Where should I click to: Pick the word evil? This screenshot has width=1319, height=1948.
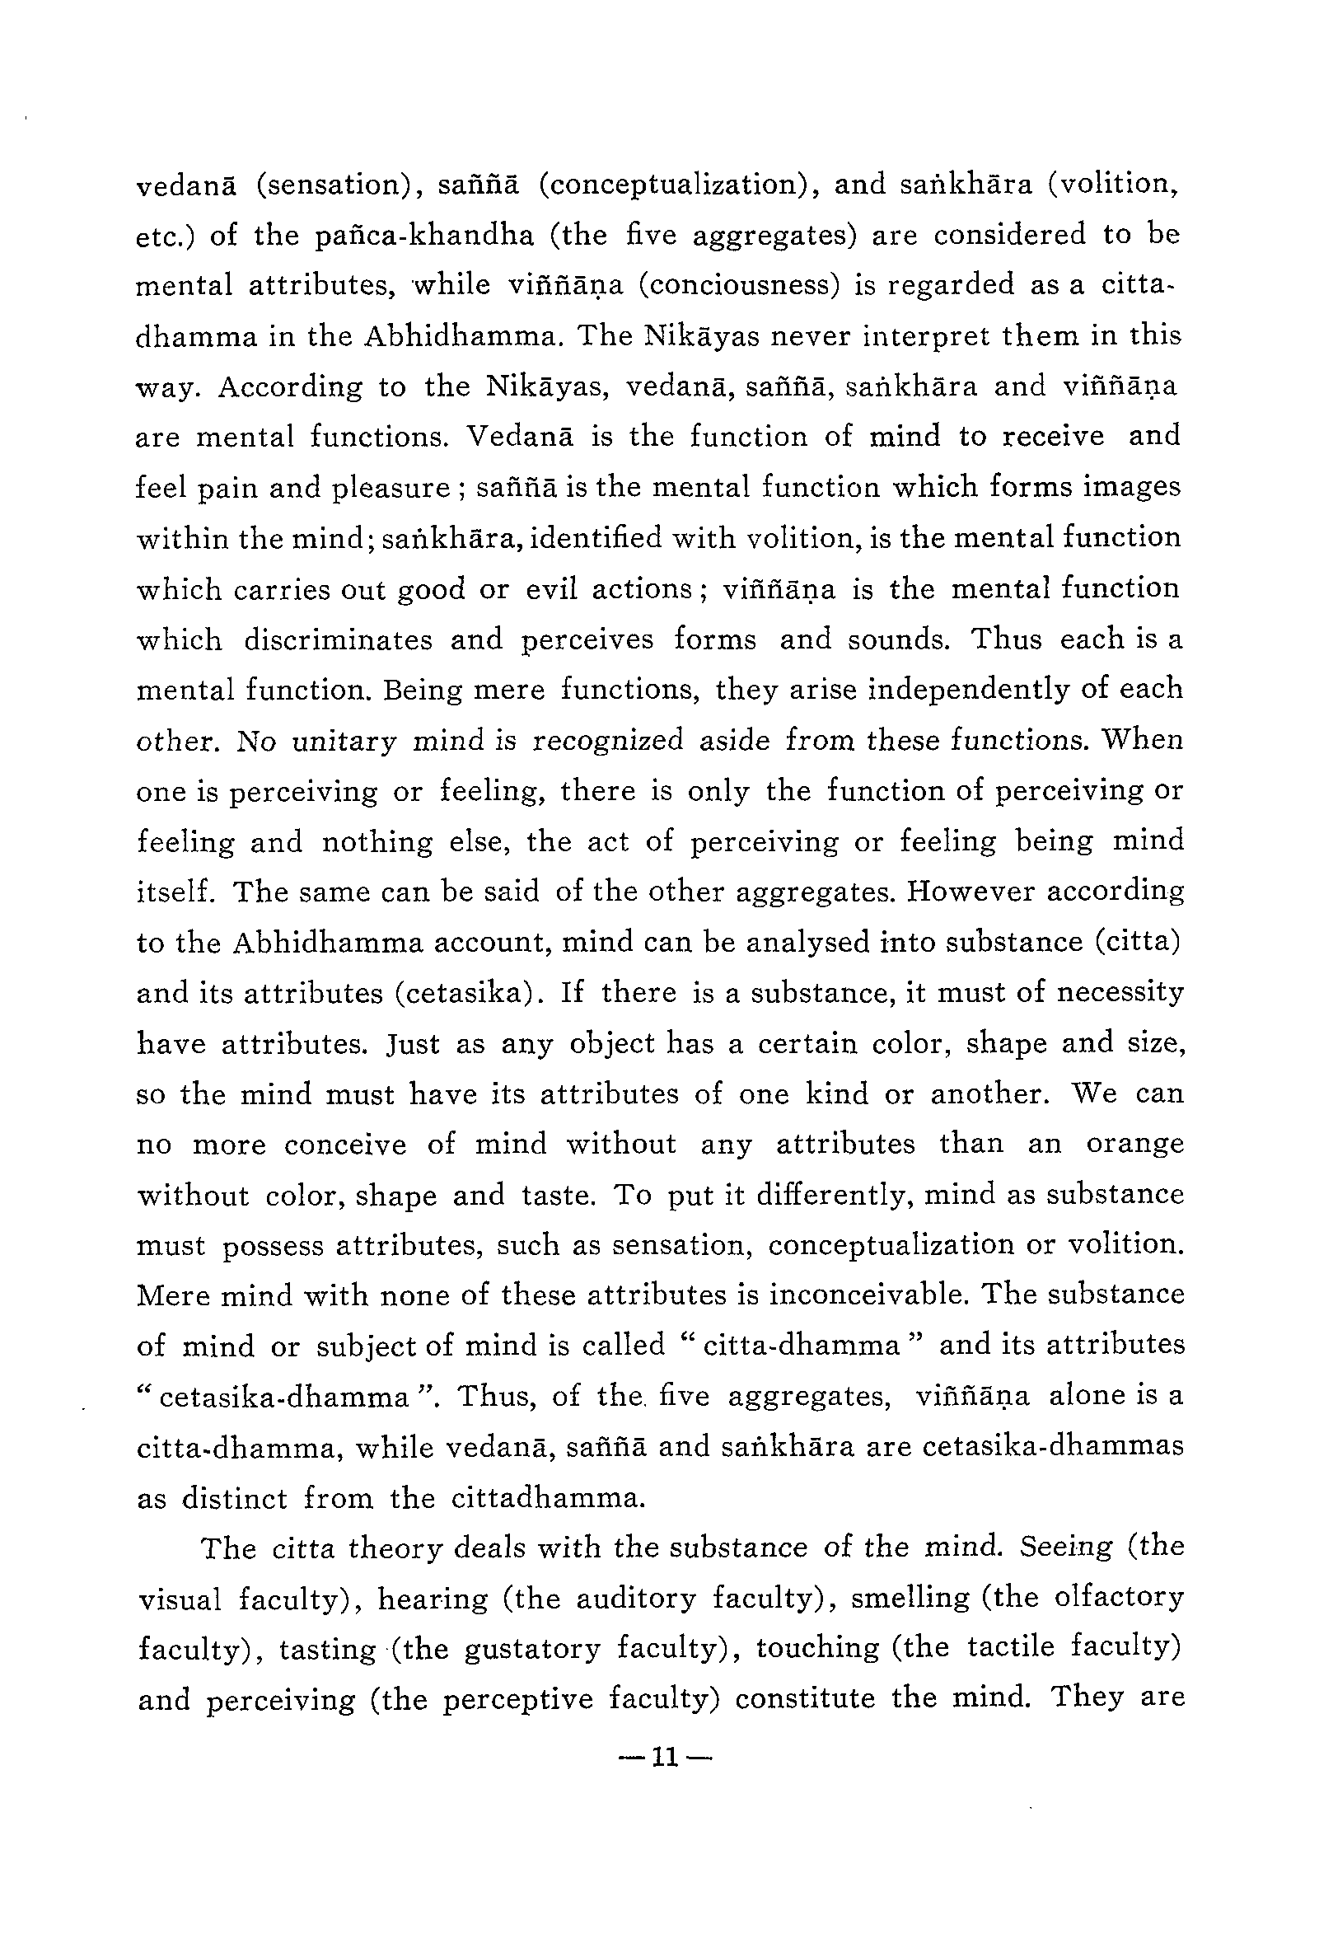[x=551, y=589]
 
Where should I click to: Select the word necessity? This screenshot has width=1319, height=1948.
[x=1120, y=993]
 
